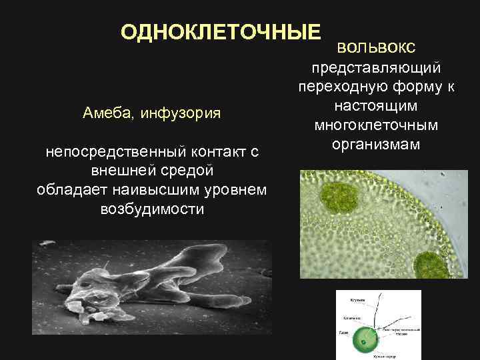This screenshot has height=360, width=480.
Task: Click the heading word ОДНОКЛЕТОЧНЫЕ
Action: coord(220,33)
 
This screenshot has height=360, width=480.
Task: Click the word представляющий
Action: coord(376,69)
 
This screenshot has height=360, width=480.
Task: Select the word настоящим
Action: coord(376,106)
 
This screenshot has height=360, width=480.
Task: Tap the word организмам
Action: coord(376,143)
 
